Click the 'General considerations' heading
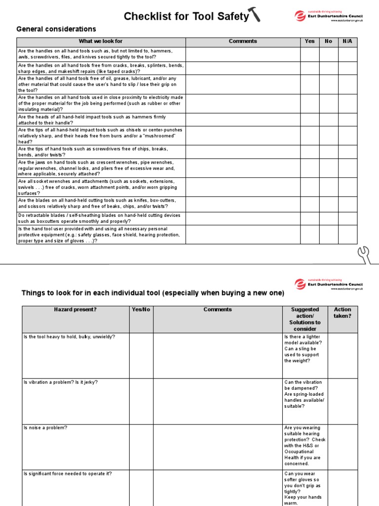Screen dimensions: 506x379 [x=56, y=29]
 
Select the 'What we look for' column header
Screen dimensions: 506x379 [x=101, y=42]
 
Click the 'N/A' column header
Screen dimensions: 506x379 [x=347, y=42]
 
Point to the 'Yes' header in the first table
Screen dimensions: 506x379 [x=309, y=42]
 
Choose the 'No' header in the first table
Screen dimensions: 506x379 [x=329, y=42]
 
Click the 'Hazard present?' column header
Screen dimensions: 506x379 [x=75, y=310]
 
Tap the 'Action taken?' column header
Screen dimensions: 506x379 [x=342, y=313]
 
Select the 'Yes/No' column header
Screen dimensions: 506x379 [x=141, y=310]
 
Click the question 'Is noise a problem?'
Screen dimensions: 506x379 [x=45, y=428]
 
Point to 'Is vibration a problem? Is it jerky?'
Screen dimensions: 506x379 [x=64, y=382]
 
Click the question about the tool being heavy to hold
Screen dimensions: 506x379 [x=69, y=337]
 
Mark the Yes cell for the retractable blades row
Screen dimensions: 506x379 [x=310, y=218]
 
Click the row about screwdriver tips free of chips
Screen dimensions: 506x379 [x=94, y=152]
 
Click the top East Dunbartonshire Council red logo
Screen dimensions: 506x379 [x=300, y=16]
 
